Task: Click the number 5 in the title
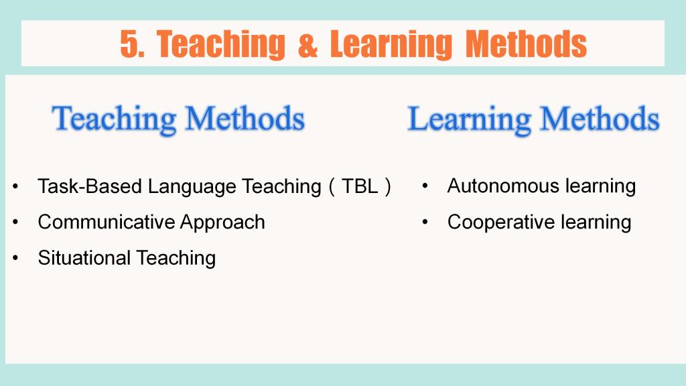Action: [x=129, y=44]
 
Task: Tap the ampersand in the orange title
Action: [x=307, y=45]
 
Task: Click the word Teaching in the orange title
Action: [x=221, y=45]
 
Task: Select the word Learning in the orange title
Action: [x=391, y=45]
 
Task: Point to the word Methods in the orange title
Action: [x=526, y=44]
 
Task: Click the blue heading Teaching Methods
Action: [x=178, y=119]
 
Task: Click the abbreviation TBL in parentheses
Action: [x=360, y=186]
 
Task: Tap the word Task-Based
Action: [x=90, y=186]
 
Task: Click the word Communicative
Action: [x=107, y=222]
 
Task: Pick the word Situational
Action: [x=84, y=258]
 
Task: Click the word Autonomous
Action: [x=503, y=186]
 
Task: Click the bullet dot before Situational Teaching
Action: [x=16, y=258]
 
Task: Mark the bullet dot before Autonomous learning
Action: [x=425, y=186]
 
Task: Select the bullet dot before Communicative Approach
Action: [x=16, y=222]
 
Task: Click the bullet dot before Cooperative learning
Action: [x=425, y=222]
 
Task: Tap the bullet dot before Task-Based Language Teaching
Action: [x=16, y=186]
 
